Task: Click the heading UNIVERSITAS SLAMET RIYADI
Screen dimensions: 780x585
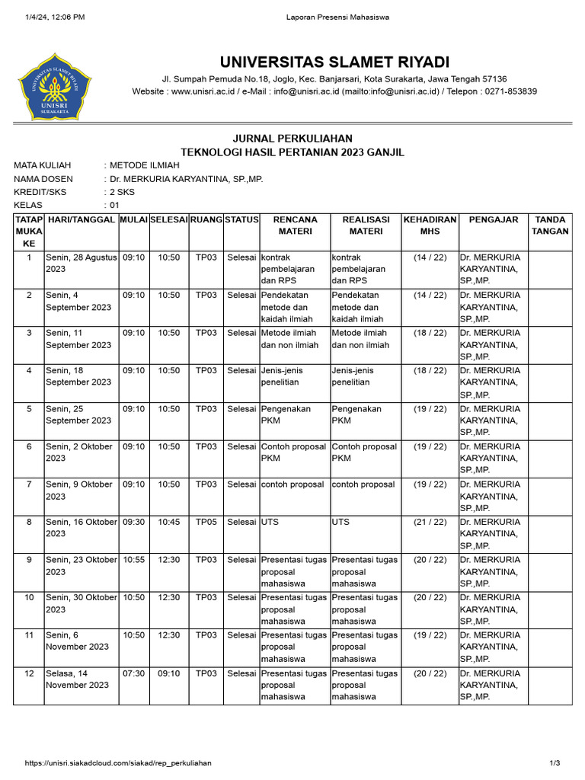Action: [x=334, y=61]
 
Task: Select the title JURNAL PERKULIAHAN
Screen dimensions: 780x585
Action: [x=292, y=138]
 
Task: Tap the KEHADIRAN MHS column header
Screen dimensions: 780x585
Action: [x=430, y=225]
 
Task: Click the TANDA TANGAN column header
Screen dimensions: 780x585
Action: [x=550, y=225]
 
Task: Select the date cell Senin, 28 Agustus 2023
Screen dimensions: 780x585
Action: [x=81, y=264]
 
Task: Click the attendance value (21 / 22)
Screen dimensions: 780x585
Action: [x=430, y=522]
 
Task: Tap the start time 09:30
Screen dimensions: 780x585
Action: [x=133, y=522]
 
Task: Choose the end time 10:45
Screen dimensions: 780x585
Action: [x=168, y=522]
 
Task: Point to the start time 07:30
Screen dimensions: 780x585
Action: [x=133, y=673]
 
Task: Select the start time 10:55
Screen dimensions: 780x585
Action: [x=133, y=560]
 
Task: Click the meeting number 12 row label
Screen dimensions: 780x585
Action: [x=29, y=673]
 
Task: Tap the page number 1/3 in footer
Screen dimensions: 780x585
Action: [x=554, y=763]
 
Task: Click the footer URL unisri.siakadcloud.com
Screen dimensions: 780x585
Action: [x=118, y=763]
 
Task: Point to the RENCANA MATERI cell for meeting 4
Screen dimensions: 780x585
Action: [x=287, y=376]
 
